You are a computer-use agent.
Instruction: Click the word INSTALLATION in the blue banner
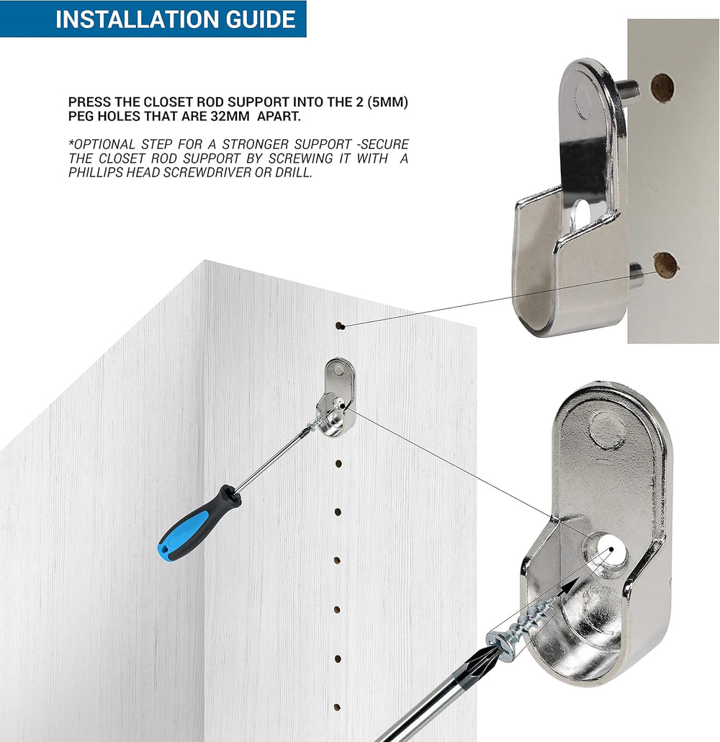(138, 19)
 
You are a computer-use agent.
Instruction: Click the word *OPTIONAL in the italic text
(102, 144)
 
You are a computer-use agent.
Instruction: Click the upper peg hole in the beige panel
(662, 88)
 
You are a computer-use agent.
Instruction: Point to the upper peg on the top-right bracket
(629, 89)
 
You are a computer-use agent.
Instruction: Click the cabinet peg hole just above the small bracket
(339, 326)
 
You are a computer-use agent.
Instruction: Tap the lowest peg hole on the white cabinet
(337, 707)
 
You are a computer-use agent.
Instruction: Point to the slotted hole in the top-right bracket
(581, 211)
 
